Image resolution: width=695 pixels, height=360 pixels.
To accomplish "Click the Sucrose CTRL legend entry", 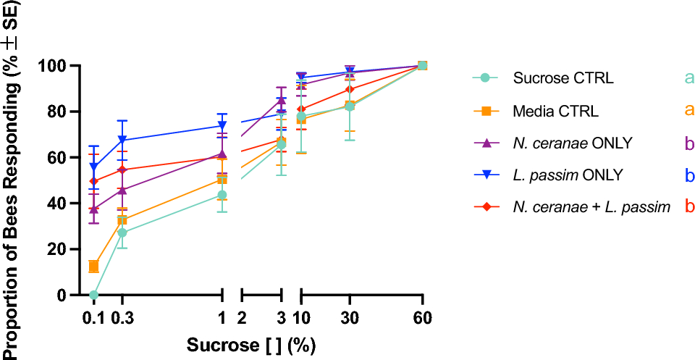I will click(563, 78).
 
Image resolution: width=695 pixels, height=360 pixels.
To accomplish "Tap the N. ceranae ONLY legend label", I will click(573, 143).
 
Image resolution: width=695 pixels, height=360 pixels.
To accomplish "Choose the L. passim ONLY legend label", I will click(564, 175).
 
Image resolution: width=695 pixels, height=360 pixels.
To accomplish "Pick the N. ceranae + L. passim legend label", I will click(591, 206).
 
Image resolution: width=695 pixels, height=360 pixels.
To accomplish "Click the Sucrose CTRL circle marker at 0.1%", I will click(93, 295).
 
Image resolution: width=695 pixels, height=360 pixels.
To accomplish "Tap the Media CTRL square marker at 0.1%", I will click(93, 267).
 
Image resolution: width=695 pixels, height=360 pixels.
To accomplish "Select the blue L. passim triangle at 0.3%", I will click(122, 140).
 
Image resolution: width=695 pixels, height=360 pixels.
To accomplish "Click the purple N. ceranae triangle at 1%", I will click(222, 154).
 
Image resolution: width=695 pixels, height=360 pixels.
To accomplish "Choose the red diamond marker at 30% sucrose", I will click(350, 89).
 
